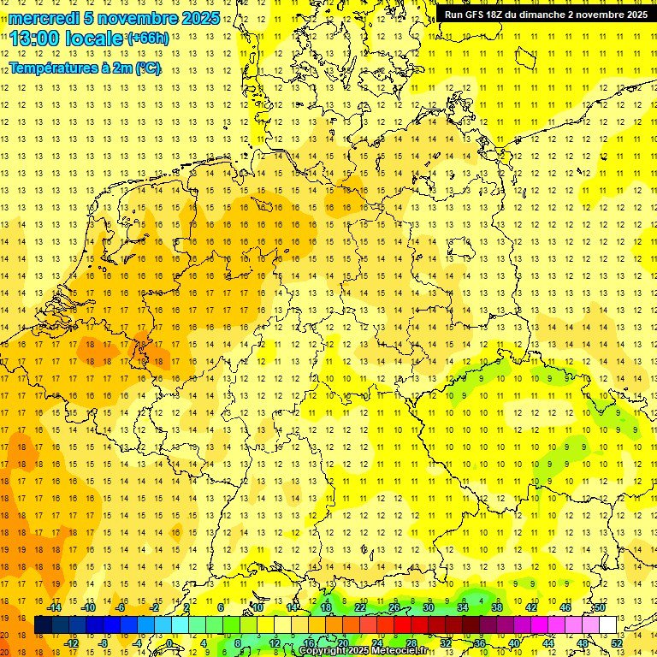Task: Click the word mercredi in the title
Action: click(x=42, y=18)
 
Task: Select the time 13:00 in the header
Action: click(x=34, y=38)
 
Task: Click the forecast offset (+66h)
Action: click(x=147, y=38)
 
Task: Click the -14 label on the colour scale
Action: click(x=53, y=607)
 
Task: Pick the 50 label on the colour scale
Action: click(x=600, y=607)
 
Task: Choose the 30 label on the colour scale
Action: click(x=429, y=607)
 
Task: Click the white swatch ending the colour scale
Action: click(x=608, y=625)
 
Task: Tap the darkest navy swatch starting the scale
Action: click(x=43, y=625)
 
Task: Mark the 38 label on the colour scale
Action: click(x=497, y=607)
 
